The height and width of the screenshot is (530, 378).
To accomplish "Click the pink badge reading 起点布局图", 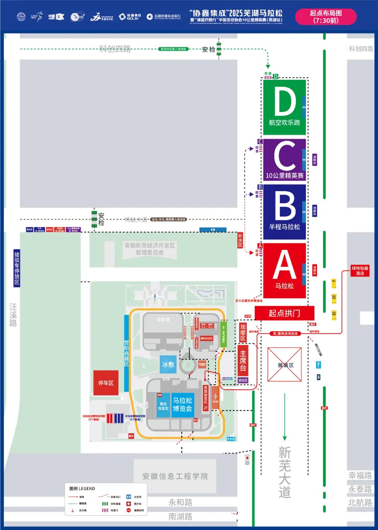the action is tap(326, 17).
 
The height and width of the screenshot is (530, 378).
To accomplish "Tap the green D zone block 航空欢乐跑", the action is tap(284, 107).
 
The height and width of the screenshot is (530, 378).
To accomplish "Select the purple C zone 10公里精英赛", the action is tap(284, 160).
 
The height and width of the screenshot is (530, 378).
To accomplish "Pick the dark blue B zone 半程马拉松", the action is tap(284, 212).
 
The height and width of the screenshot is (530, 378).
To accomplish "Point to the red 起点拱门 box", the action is tap(284, 313).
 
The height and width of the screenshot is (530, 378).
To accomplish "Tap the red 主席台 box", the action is tap(243, 361).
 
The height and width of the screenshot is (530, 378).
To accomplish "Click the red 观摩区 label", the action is tap(243, 332).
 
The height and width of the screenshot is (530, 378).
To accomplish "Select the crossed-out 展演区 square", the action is tap(285, 364).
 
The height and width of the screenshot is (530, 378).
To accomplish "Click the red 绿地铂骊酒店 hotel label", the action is tap(360, 271).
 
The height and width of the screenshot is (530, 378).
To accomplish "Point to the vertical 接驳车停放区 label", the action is tap(17, 268).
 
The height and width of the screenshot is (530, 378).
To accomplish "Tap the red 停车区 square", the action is tap(106, 383).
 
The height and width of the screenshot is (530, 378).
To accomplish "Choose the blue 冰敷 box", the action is tap(168, 364).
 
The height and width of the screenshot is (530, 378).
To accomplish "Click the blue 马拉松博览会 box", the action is tap(182, 405).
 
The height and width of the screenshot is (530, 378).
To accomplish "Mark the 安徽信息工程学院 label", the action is tap(175, 476).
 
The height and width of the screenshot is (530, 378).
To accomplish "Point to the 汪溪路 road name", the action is tap(13, 315).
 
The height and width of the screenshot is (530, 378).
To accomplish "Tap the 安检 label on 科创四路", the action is tap(209, 49).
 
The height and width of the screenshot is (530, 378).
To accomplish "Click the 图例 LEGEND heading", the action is tap(82, 488).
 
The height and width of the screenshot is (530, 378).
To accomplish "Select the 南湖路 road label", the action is tap(180, 517).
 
